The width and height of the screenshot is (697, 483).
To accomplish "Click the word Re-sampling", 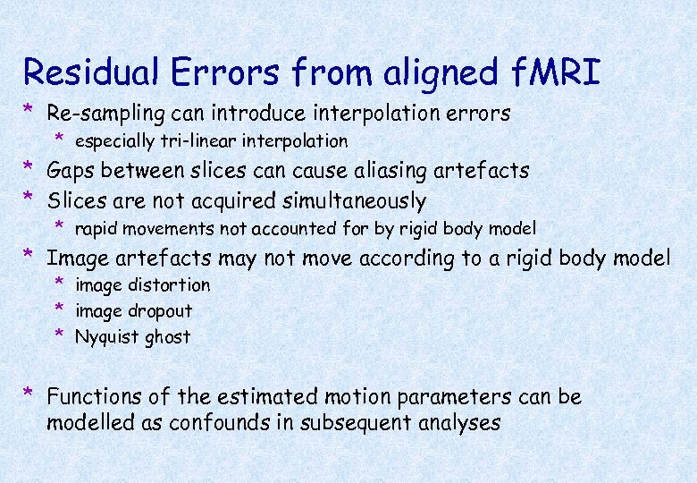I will click(106, 114).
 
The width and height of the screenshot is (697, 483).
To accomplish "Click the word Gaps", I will click(71, 171).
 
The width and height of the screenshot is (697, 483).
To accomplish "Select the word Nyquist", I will click(107, 337).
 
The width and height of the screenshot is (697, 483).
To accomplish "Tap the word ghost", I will click(167, 337).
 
